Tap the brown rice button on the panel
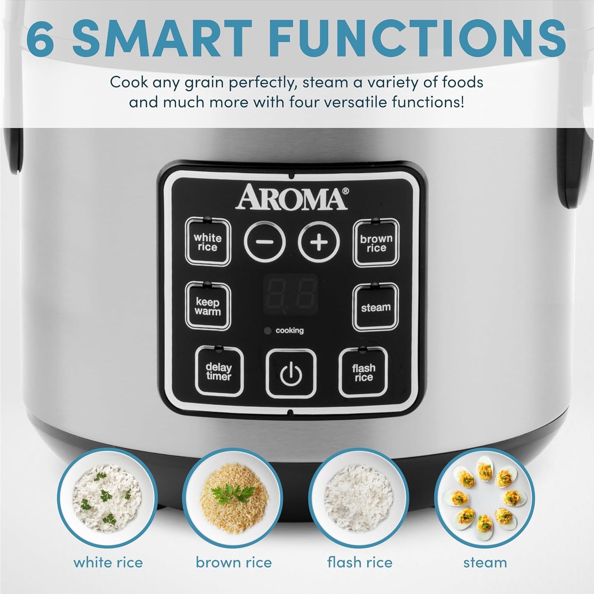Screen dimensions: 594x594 click(376, 243)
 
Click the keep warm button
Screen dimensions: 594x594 click(208, 306)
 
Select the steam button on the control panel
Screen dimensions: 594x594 click(376, 307)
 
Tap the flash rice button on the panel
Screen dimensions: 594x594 click(363, 372)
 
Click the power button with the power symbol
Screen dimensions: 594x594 click(291, 374)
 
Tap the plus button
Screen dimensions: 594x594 click(319, 243)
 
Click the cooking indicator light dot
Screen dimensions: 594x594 click(268, 331)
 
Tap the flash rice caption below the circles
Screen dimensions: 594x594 click(360, 562)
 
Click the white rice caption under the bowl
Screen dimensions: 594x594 click(108, 562)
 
